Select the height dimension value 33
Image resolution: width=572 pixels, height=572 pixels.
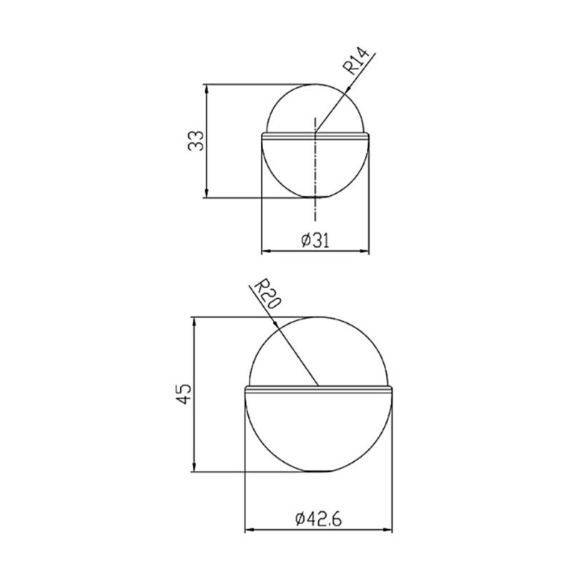196,141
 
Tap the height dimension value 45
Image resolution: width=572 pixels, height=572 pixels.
184,393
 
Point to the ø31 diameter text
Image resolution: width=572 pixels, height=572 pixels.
315,240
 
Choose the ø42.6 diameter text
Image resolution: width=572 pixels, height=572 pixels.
318,519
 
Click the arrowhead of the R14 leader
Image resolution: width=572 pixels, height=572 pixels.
347,89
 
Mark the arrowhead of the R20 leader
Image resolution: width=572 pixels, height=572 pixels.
275,324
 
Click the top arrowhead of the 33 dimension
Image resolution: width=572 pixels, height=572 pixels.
207,89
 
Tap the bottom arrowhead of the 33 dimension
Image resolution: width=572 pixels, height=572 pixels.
207,192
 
